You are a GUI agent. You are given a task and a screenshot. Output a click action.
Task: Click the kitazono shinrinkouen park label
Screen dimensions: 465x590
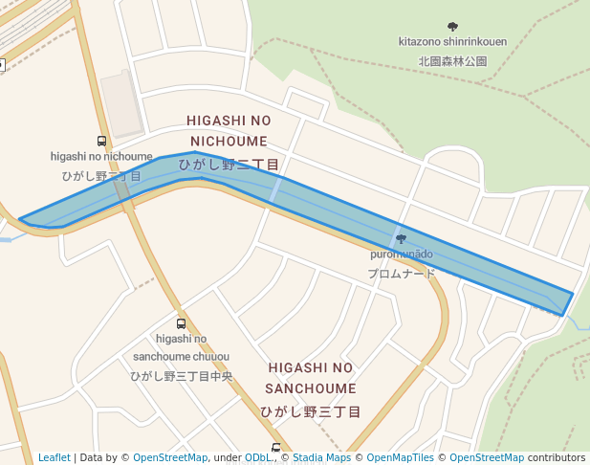(452, 41)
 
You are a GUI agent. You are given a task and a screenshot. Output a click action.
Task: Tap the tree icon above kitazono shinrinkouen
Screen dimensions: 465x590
(452, 26)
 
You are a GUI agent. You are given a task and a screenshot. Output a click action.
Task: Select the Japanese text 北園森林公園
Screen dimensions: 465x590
(452, 60)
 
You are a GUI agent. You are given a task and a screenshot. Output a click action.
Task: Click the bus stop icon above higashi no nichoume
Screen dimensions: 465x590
(101, 142)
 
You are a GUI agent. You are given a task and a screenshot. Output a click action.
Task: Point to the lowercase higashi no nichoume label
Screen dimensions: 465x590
(101, 156)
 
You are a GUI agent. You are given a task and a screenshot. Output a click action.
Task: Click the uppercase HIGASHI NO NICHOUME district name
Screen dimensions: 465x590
(229, 130)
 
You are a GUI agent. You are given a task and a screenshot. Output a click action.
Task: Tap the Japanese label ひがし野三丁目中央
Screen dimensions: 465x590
(182, 376)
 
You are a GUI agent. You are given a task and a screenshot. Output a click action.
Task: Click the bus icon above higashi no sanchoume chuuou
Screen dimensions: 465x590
(182, 323)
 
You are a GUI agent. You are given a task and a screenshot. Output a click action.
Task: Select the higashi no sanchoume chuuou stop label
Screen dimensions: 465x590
(182, 347)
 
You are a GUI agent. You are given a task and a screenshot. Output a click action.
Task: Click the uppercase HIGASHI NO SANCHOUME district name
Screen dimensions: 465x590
(311, 378)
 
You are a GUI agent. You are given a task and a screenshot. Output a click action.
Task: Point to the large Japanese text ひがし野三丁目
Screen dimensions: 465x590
(311, 411)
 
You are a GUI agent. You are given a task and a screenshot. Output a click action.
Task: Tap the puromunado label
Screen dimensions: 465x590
(402, 255)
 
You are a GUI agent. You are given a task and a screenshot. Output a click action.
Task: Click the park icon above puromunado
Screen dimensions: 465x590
(401, 238)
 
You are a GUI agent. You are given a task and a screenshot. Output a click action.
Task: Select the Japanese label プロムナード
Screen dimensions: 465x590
(402, 273)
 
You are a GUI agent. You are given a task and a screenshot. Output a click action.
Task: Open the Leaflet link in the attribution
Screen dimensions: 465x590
(55, 457)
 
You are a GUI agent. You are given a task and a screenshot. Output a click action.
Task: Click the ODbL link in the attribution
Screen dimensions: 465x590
(258, 457)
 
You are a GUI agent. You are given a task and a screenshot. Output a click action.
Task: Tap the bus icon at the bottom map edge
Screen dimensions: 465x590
(276, 448)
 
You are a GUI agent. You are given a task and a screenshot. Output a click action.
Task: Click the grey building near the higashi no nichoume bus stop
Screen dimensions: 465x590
(123, 102)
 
